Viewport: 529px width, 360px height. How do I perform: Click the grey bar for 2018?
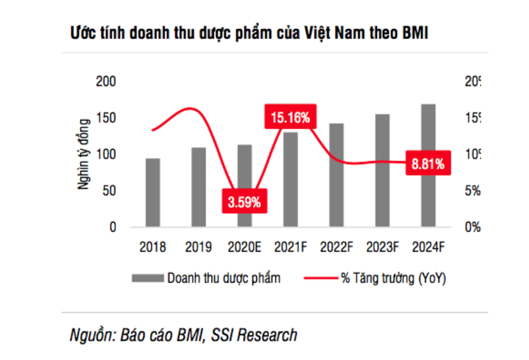153,193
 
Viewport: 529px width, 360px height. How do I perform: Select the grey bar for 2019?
198,187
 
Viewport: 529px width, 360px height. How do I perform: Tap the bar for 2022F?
336,175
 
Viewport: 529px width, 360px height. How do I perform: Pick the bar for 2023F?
382,171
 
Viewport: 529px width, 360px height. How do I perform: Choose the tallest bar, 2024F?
428,166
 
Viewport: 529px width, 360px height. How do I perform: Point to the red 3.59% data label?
244,202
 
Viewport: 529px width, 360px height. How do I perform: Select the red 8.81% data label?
427,164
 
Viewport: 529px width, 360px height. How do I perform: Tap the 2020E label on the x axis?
244,247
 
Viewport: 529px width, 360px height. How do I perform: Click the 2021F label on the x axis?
290,247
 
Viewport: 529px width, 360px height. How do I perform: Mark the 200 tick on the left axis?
106,82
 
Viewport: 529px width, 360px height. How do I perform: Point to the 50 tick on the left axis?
110,191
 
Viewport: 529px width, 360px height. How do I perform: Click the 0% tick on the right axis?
473,227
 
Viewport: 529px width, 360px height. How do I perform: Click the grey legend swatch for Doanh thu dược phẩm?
147,278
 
